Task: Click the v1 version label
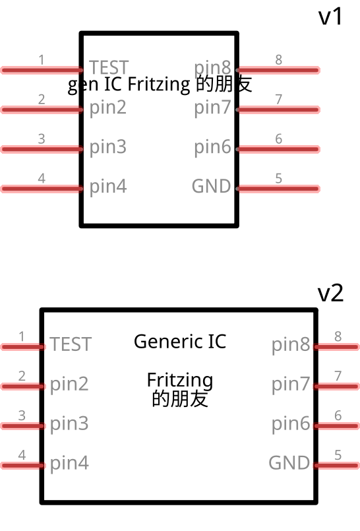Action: [x=331, y=16]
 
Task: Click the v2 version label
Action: [x=331, y=294]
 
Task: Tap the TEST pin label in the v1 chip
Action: [x=109, y=68]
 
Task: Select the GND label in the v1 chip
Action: [x=211, y=187]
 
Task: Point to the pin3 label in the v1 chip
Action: [x=107, y=147]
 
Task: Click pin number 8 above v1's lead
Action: [x=279, y=60]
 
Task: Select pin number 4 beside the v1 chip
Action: [x=42, y=178]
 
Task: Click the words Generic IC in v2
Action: [x=179, y=342]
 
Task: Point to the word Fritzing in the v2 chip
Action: [x=179, y=381]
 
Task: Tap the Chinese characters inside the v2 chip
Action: [x=180, y=398]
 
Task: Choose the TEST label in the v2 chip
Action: [x=71, y=344]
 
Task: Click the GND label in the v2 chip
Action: [x=289, y=463]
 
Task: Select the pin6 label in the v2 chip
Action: [x=291, y=423]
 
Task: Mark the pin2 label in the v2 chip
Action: [x=69, y=384]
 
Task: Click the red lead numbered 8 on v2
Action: [x=337, y=346]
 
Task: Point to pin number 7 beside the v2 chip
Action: [x=338, y=376]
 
